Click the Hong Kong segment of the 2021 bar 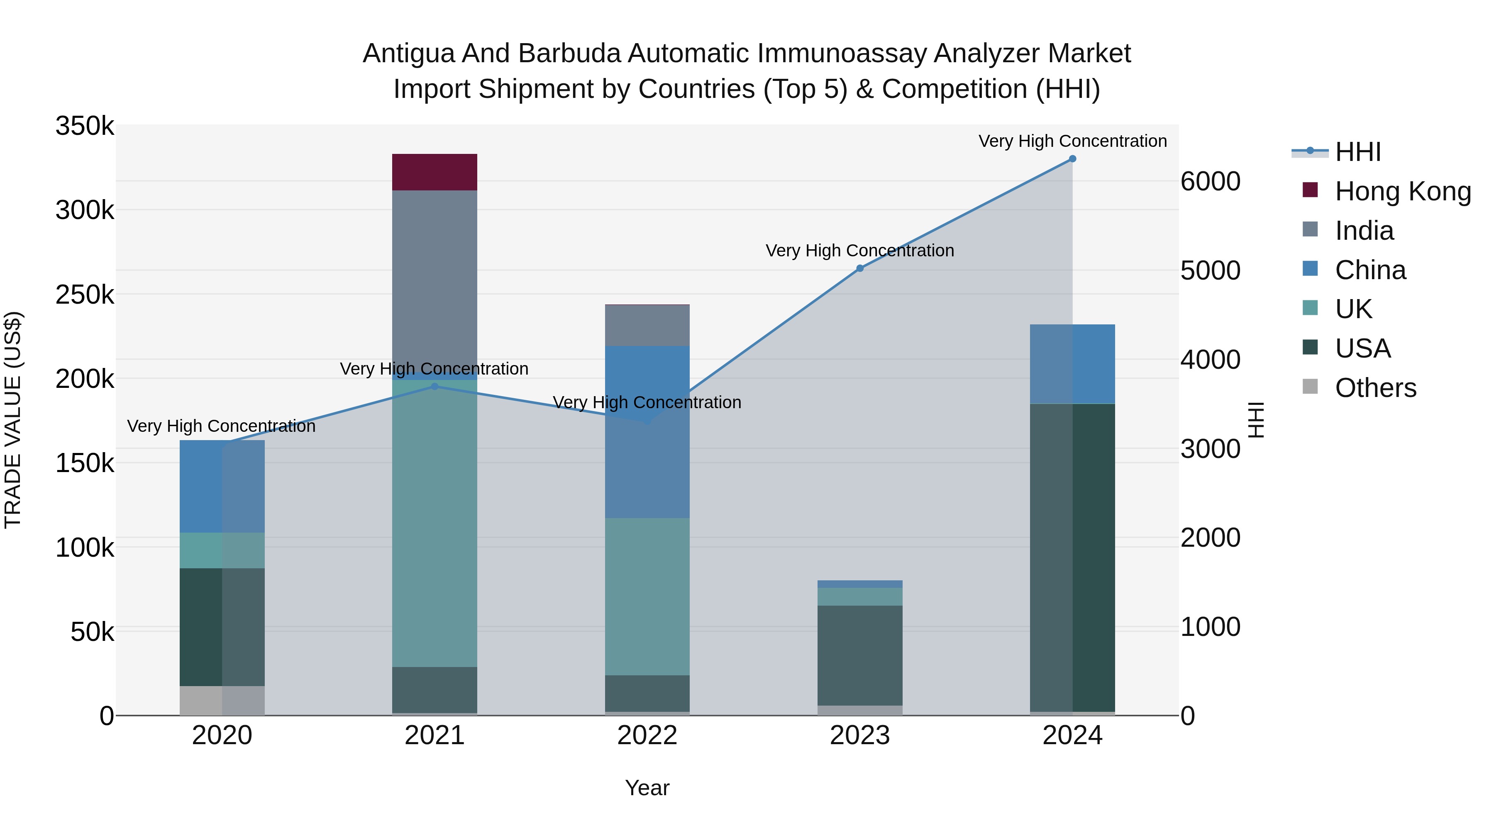pos(435,172)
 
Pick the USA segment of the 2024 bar pos(1072,557)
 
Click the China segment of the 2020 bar pos(222,487)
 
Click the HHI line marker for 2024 pos(1072,159)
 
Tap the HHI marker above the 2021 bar pos(435,386)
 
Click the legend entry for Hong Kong pos(1402,191)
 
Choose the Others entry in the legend pos(1375,388)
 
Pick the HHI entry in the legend pos(1357,152)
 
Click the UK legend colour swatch pos(1310,308)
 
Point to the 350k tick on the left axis pos(85,127)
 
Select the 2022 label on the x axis pos(647,735)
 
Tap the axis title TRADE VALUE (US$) pos(13,420)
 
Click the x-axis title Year pos(647,788)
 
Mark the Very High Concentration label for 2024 pos(1072,141)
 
